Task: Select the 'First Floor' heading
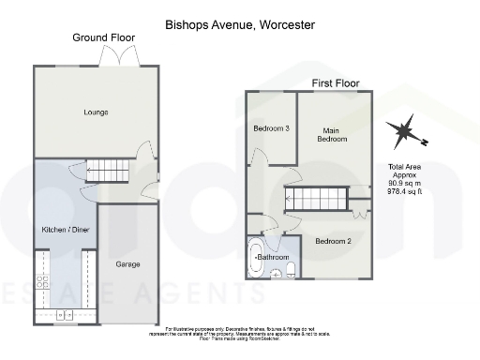336,83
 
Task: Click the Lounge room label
94,112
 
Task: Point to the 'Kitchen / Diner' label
66,230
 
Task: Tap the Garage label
127,264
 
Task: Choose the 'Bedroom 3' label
272,128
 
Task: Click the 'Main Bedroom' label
335,134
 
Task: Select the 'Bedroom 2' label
333,241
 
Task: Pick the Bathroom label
273,257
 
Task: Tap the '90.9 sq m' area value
406,183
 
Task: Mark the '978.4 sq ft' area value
406,191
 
